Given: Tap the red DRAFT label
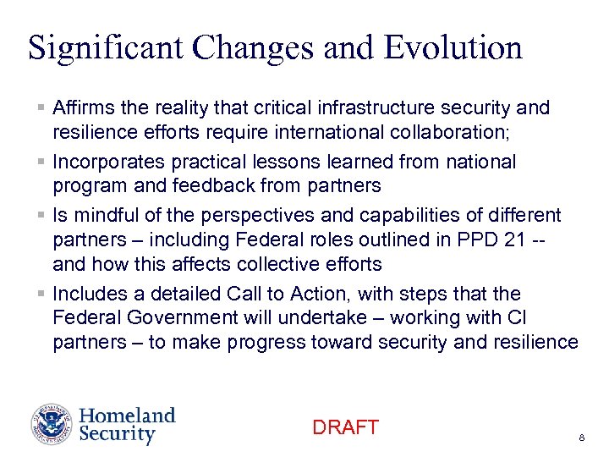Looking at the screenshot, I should [x=345, y=427].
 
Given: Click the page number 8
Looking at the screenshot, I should [x=582, y=438].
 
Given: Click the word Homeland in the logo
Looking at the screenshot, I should [x=127, y=416].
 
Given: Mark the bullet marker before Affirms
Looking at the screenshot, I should [x=41, y=108].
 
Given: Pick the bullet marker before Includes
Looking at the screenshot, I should [x=41, y=294].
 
